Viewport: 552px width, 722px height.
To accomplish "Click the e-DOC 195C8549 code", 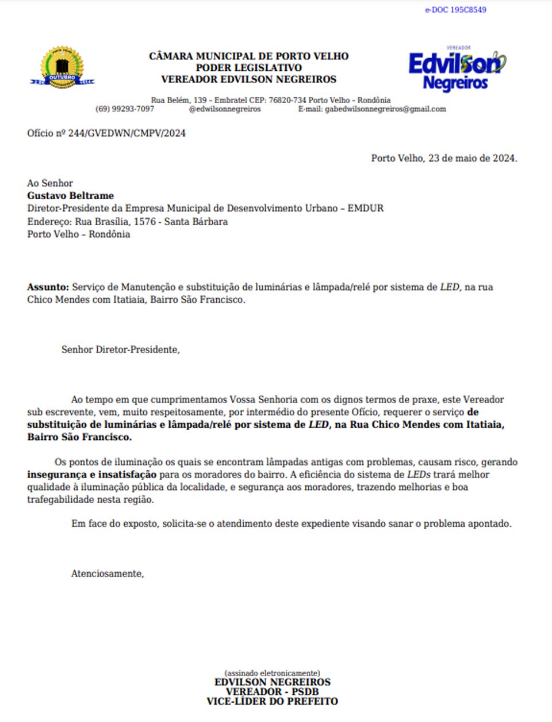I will [x=455, y=10].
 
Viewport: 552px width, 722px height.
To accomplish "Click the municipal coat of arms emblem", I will [x=62, y=68].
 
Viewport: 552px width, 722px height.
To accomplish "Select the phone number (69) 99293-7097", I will [x=125, y=109].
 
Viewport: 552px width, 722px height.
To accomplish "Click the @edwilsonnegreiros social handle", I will [x=225, y=109].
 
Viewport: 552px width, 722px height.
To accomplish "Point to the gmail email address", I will [x=385, y=109].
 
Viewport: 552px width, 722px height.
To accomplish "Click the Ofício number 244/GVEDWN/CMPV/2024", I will [x=126, y=133].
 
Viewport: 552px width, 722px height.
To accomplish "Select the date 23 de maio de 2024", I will [x=472, y=158].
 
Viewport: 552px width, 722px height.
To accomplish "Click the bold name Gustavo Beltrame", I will [x=70, y=196].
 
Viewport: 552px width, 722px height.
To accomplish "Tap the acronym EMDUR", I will [x=365, y=208].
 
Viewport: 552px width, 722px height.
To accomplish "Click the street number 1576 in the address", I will [x=144, y=222].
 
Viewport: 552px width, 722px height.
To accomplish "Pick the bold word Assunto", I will [x=48, y=287].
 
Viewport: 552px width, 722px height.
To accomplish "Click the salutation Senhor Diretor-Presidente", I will [x=120, y=349].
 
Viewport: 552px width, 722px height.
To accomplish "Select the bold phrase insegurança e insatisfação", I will [x=91, y=474].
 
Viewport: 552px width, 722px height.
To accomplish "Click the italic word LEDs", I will [x=419, y=474].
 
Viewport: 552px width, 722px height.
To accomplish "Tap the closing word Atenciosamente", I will [x=107, y=573].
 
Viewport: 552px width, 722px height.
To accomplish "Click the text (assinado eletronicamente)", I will [x=272, y=672].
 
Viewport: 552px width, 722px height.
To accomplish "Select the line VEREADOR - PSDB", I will [x=272, y=691].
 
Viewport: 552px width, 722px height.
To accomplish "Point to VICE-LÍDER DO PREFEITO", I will [x=272, y=701].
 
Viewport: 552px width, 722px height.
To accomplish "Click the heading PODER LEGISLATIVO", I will [x=248, y=67].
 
